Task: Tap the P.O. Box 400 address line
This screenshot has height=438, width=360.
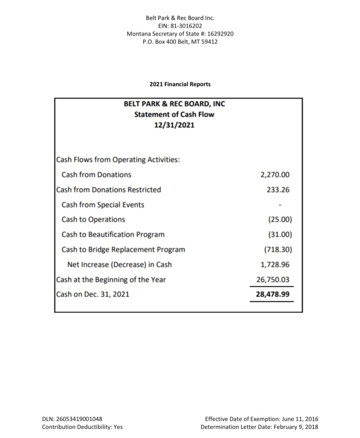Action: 180,42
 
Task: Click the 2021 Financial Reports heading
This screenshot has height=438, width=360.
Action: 180,84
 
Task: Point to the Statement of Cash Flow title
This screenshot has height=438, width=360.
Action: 174,114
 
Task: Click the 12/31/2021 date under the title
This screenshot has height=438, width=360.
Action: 174,124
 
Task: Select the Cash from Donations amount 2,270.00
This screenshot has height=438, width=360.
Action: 275,175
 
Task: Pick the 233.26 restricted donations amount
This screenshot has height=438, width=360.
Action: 278,189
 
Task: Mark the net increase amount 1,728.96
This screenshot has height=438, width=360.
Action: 275,264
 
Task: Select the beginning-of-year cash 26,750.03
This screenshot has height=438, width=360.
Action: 273,279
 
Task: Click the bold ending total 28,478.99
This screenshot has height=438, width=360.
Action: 273,294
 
